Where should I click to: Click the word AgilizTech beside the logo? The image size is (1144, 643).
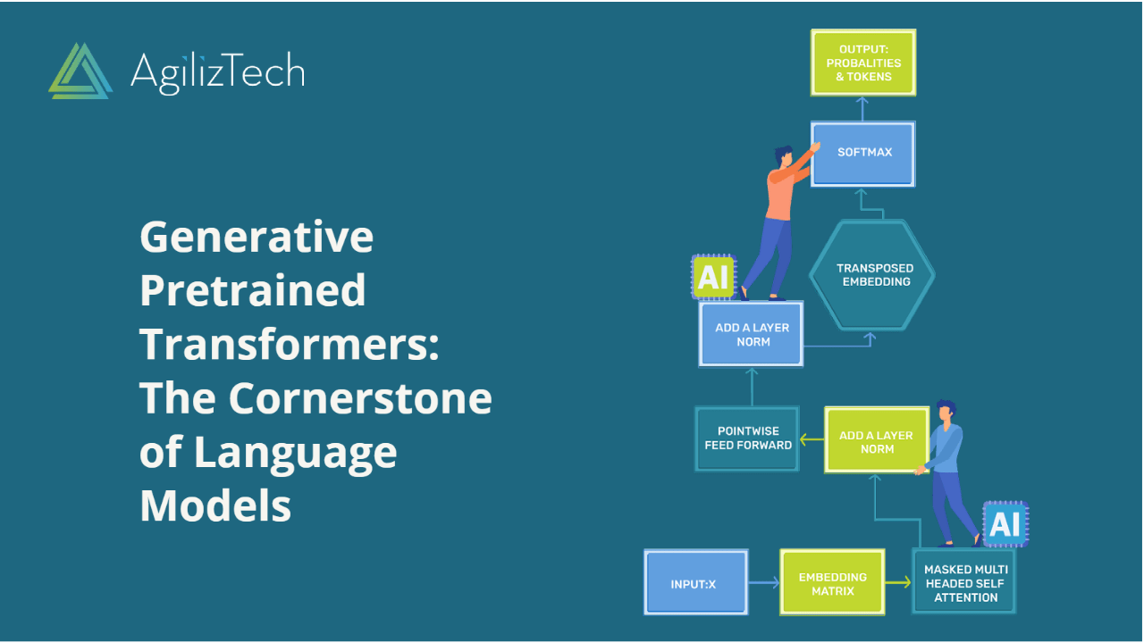click(217, 71)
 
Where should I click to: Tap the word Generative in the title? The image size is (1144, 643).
click(257, 237)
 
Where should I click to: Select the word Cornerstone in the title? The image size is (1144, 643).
click(360, 398)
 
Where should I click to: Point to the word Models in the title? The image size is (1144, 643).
click(215, 506)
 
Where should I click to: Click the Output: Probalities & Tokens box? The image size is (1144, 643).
click(863, 63)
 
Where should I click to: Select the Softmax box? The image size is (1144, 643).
click(863, 153)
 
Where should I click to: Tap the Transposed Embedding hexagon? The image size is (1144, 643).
click(873, 275)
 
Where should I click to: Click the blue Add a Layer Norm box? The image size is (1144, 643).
click(751, 334)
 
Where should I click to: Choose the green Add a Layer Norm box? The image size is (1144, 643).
click(875, 441)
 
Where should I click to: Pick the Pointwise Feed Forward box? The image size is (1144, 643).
click(747, 438)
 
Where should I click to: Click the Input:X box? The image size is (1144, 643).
click(695, 583)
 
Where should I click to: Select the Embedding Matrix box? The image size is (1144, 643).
click(832, 583)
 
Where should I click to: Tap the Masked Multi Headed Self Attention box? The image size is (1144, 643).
click(964, 583)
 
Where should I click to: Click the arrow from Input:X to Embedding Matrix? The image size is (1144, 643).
click(763, 583)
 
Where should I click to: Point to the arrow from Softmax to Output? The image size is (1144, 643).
click(862, 108)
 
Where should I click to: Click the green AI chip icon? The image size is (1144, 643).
click(712, 277)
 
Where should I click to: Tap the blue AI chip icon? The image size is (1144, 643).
click(1005, 524)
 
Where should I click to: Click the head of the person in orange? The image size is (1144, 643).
click(783, 155)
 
